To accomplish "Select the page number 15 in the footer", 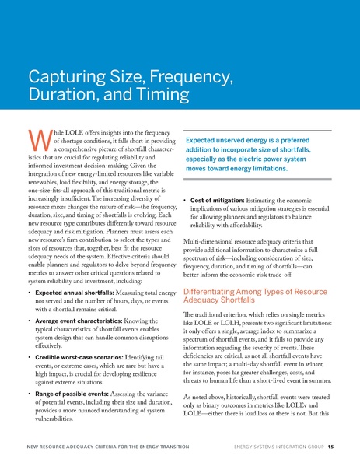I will coord(331,448).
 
